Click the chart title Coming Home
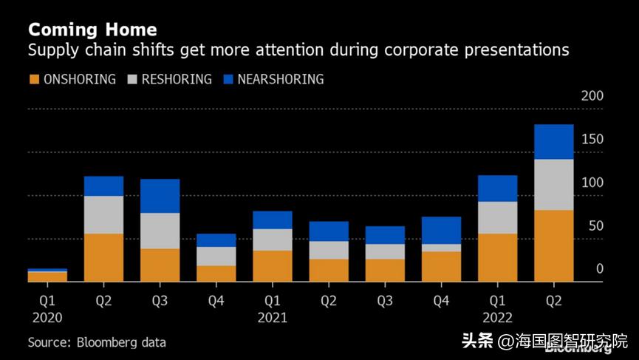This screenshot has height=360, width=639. pos(92,30)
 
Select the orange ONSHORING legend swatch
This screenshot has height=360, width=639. pos(33,79)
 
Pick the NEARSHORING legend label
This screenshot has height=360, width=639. pos(280,79)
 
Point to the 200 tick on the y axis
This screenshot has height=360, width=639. pos(592,96)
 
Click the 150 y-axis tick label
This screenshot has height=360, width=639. pos(592,140)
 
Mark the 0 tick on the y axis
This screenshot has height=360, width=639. pos(600,269)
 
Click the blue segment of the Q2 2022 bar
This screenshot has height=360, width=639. pos(553,141)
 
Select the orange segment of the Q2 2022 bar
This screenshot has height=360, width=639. pos(553,245)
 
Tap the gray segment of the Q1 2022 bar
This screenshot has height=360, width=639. pos(497,217)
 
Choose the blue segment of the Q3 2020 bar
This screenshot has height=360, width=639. pos(160,196)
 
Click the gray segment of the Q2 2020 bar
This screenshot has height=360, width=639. pos(103,214)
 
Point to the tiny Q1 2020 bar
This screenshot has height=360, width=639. pos(47,275)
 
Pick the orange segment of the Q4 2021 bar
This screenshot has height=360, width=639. pos(441,266)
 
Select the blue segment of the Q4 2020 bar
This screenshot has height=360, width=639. pos(216,240)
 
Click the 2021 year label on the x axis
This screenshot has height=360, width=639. pos(272,318)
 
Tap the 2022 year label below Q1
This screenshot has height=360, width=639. pos(497,318)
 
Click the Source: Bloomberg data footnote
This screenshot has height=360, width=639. pos(97,342)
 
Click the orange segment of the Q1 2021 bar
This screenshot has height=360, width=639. pos(272,265)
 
